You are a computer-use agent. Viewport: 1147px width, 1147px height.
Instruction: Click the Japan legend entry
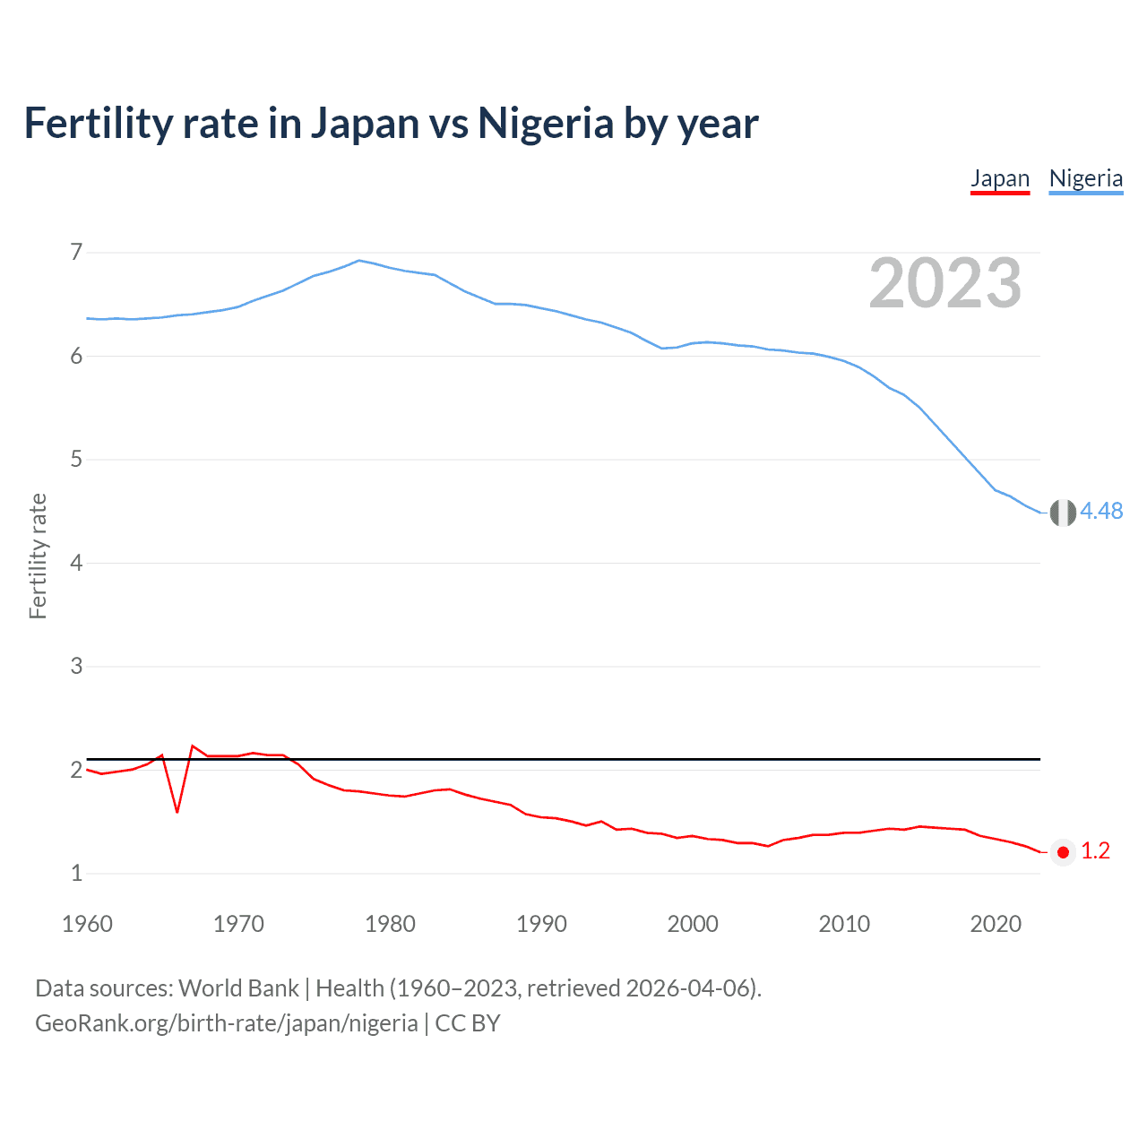[x=1000, y=178]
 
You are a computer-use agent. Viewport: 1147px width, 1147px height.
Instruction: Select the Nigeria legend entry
[x=1085, y=178]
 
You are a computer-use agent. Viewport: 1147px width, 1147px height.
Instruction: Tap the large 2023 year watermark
[x=944, y=283]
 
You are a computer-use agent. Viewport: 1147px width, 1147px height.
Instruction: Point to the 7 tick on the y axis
[x=76, y=252]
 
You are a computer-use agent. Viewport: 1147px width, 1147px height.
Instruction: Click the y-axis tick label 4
[x=76, y=563]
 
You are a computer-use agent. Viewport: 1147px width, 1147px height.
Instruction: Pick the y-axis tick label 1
[x=76, y=873]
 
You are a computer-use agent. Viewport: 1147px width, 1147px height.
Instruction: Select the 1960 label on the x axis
[x=87, y=924]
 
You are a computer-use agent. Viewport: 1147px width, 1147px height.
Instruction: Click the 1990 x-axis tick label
[x=541, y=924]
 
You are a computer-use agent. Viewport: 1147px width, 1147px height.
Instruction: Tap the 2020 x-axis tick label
[x=996, y=924]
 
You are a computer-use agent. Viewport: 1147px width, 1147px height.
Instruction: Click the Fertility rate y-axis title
[x=38, y=556]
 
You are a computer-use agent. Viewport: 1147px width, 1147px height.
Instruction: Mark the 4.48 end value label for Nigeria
[x=1101, y=511]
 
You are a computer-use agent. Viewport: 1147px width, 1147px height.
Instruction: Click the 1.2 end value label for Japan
[x=1095, y=851]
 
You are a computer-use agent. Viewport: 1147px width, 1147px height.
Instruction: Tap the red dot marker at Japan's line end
[x=1063, y=852]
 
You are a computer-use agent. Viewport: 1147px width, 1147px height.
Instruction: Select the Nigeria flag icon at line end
[x=1063, y=513]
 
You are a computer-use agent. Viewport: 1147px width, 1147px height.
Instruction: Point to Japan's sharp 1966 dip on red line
[x=177, y=811]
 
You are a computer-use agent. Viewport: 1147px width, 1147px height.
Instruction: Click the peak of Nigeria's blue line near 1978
[x=359, y=261]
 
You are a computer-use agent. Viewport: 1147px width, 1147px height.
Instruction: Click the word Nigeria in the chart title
[x=546, y=124]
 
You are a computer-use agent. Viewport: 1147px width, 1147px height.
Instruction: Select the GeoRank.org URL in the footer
[x=226, y=1023]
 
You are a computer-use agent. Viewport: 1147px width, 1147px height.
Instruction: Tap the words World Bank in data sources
[x=238, y=988]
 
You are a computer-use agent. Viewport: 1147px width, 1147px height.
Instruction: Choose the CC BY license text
[x=467, y=1023]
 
